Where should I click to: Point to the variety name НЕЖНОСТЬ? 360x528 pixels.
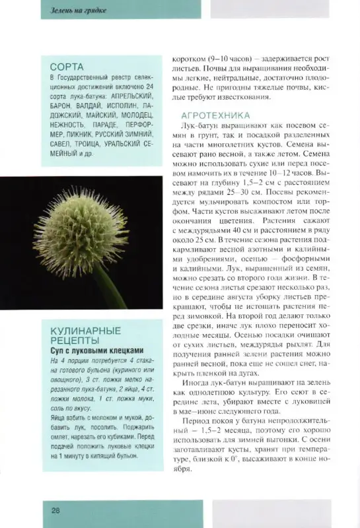point(69,123)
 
